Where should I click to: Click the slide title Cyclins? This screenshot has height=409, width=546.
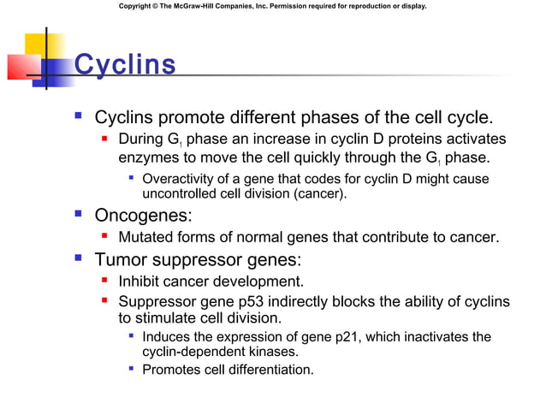click(x=125, y=64)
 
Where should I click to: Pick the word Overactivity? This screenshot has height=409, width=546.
click(x=181, y=179)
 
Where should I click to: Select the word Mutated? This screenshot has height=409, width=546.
click(x=148, y=237)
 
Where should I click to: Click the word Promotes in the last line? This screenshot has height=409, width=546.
click(x=175, y=370)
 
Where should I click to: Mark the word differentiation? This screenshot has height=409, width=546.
click(x=274, y=370)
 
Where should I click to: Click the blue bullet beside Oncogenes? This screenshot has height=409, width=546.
click(x=78, y=214)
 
